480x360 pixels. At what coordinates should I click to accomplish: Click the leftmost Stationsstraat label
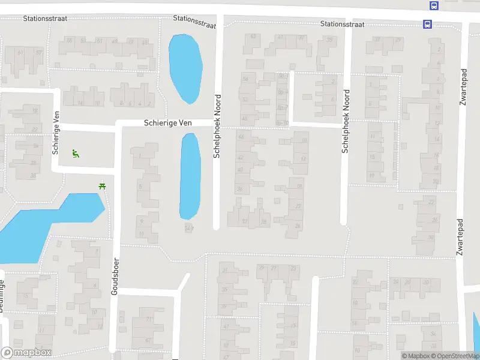click(45, 19)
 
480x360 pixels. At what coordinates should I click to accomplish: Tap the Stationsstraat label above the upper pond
click(194, 22)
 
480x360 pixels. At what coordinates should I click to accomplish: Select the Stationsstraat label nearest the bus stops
click(343, 25)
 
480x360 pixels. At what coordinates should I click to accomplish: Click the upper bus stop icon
click(433, 5)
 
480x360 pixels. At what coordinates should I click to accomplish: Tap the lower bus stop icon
click(427, 25)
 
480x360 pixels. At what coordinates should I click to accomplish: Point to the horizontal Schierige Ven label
click(168, 123)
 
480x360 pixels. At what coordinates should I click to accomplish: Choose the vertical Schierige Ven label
click(56, 133)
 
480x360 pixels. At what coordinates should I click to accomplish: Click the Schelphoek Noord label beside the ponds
click(217, 126)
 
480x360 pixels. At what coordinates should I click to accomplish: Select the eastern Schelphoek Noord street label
click(346, 121)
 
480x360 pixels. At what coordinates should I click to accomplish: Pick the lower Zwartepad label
click(460, 236)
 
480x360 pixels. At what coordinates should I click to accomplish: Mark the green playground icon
click(75, 154)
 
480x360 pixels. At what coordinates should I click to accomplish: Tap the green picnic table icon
click(103, 186)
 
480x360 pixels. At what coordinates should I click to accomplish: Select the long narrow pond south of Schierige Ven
click(190, 176)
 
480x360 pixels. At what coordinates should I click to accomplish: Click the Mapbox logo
click(26, 353)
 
